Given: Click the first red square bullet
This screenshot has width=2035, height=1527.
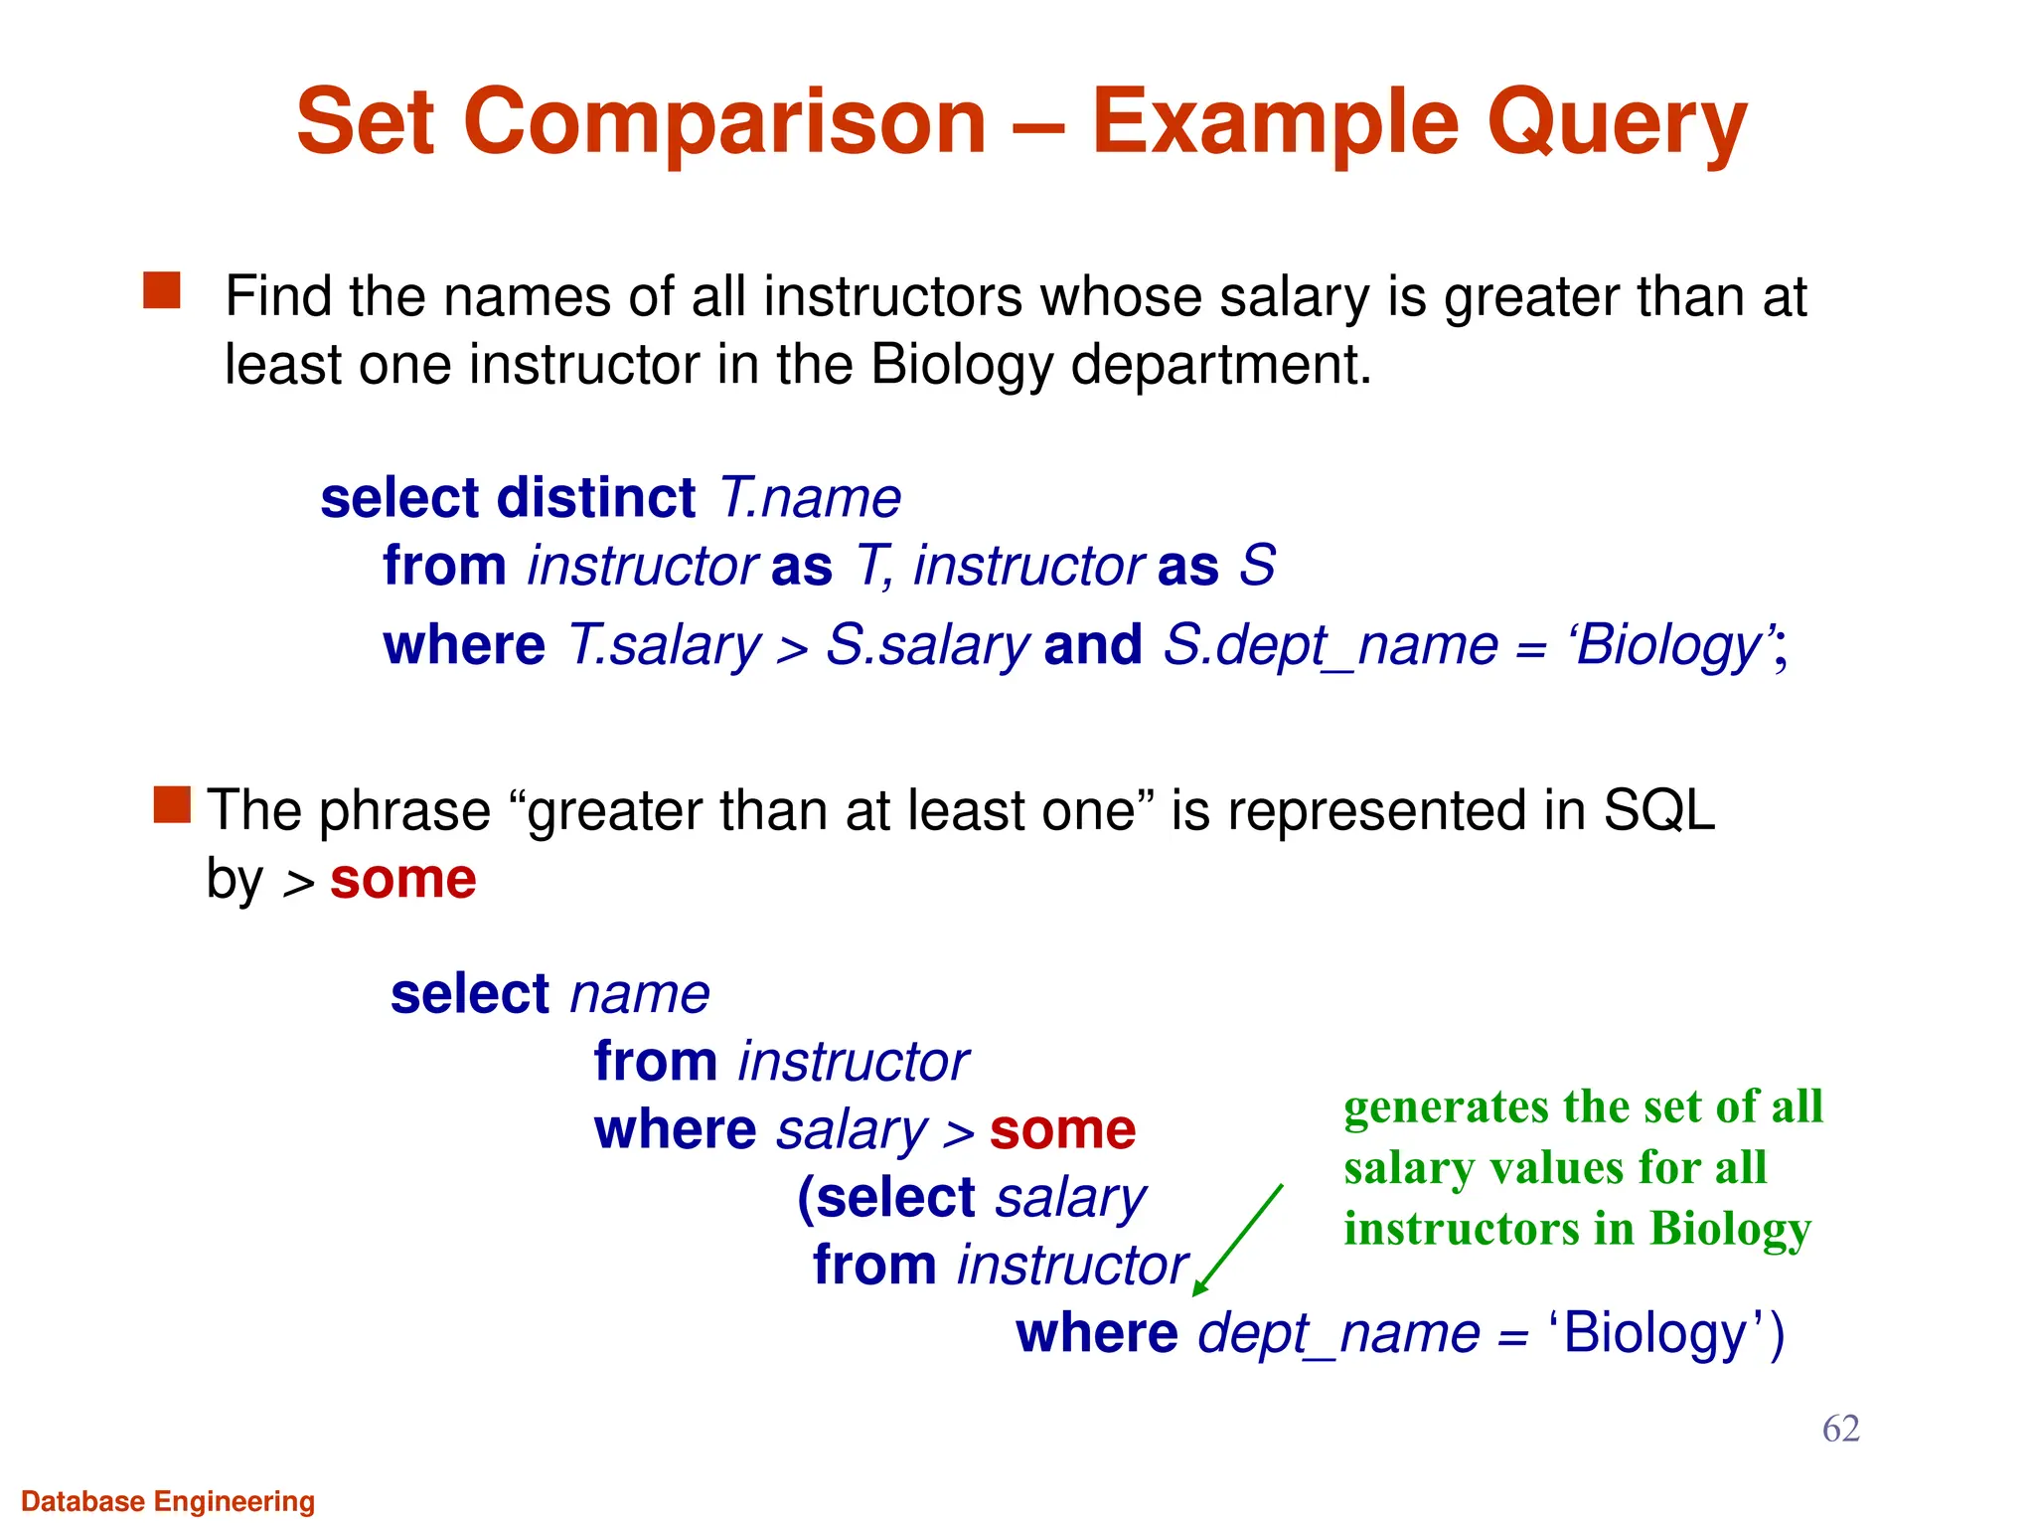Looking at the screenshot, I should [x=162, y=291].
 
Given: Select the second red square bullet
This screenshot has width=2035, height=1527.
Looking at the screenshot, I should [x=172, y=805].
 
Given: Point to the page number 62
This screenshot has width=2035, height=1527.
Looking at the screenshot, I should [x=1840, y=1429].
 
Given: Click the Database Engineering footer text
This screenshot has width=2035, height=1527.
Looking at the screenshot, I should [x=168, y=1501].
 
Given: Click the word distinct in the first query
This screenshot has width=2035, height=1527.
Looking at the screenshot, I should [x=596, y=497].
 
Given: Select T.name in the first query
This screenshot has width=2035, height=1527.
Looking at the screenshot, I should [x=809, y=497].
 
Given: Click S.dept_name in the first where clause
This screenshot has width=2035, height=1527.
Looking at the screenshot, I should [x=1330, y=645].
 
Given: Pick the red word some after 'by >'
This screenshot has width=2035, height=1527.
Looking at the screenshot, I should [x=402, y=879].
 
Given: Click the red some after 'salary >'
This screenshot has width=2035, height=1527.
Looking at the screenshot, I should [x=1062, y=1129].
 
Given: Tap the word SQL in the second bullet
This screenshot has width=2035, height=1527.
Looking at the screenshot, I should [x=1658, y=810].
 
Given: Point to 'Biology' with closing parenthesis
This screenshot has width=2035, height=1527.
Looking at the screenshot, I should [x=1665, y=1333].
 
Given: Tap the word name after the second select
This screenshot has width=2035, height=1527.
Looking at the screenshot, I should [x=640, y=994].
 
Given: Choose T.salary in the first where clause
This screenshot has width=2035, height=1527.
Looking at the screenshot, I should [x=663, y=645].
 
